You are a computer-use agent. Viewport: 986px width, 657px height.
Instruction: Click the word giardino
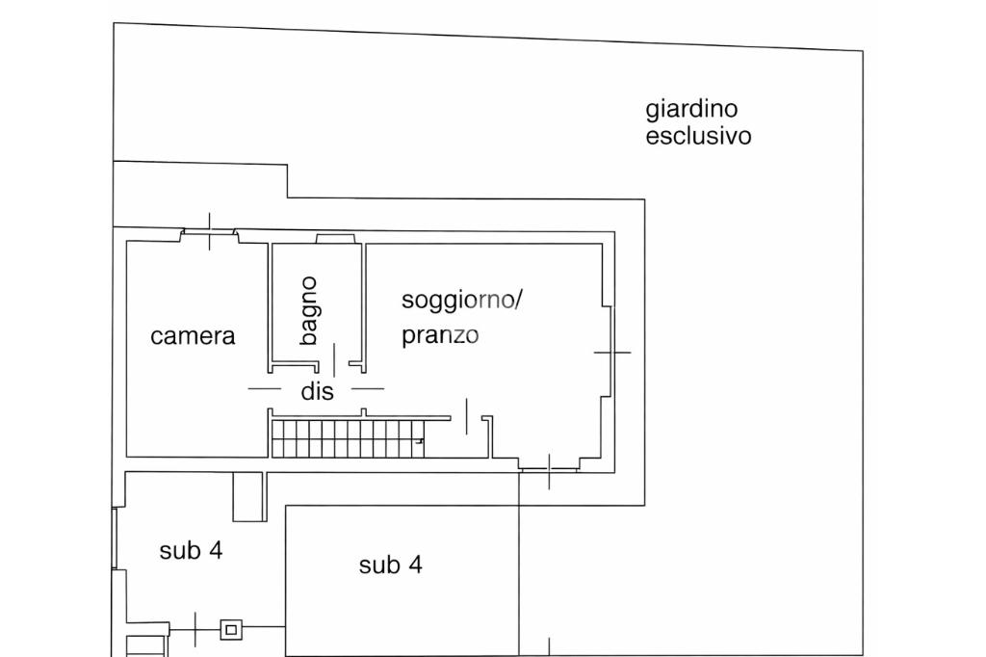click(x=691, y=110)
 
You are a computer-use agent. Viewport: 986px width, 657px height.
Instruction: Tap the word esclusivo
click(x=698, y=136)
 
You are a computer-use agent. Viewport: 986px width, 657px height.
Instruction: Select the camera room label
click(x=193, y=336)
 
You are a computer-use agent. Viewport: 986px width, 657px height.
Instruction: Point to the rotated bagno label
click(x=308, y=310)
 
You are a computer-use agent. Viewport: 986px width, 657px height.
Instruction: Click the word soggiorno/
click(x=461, y=301)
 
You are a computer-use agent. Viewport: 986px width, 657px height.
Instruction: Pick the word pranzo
click(x=440, y=336)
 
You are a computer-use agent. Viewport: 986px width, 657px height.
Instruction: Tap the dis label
click(x=317, y=392)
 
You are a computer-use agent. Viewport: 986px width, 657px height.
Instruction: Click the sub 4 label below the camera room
click(x=191, y=551)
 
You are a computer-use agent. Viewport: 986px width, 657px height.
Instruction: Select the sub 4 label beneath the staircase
click(x=390, y=565)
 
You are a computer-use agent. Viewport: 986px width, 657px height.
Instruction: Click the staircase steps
click(x=347, y=437)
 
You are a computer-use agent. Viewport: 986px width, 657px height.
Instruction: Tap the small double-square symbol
click(x=229, y=630)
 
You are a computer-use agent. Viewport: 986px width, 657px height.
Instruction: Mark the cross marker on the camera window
click(x=210, y=231)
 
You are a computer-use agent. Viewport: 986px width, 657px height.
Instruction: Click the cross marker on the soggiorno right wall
click(x=611, y=353)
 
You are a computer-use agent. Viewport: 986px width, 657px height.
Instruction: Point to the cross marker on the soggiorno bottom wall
click(x=549, y=470)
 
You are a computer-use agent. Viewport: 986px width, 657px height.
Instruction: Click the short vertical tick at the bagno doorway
click(x=334, y=359)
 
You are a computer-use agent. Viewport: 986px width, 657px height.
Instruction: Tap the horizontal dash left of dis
click(x=265, y=389)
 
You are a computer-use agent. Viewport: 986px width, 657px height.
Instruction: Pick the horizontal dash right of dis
click(x=367, y=389)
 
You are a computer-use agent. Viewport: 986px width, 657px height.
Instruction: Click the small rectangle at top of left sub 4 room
click(x=248, y=496)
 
